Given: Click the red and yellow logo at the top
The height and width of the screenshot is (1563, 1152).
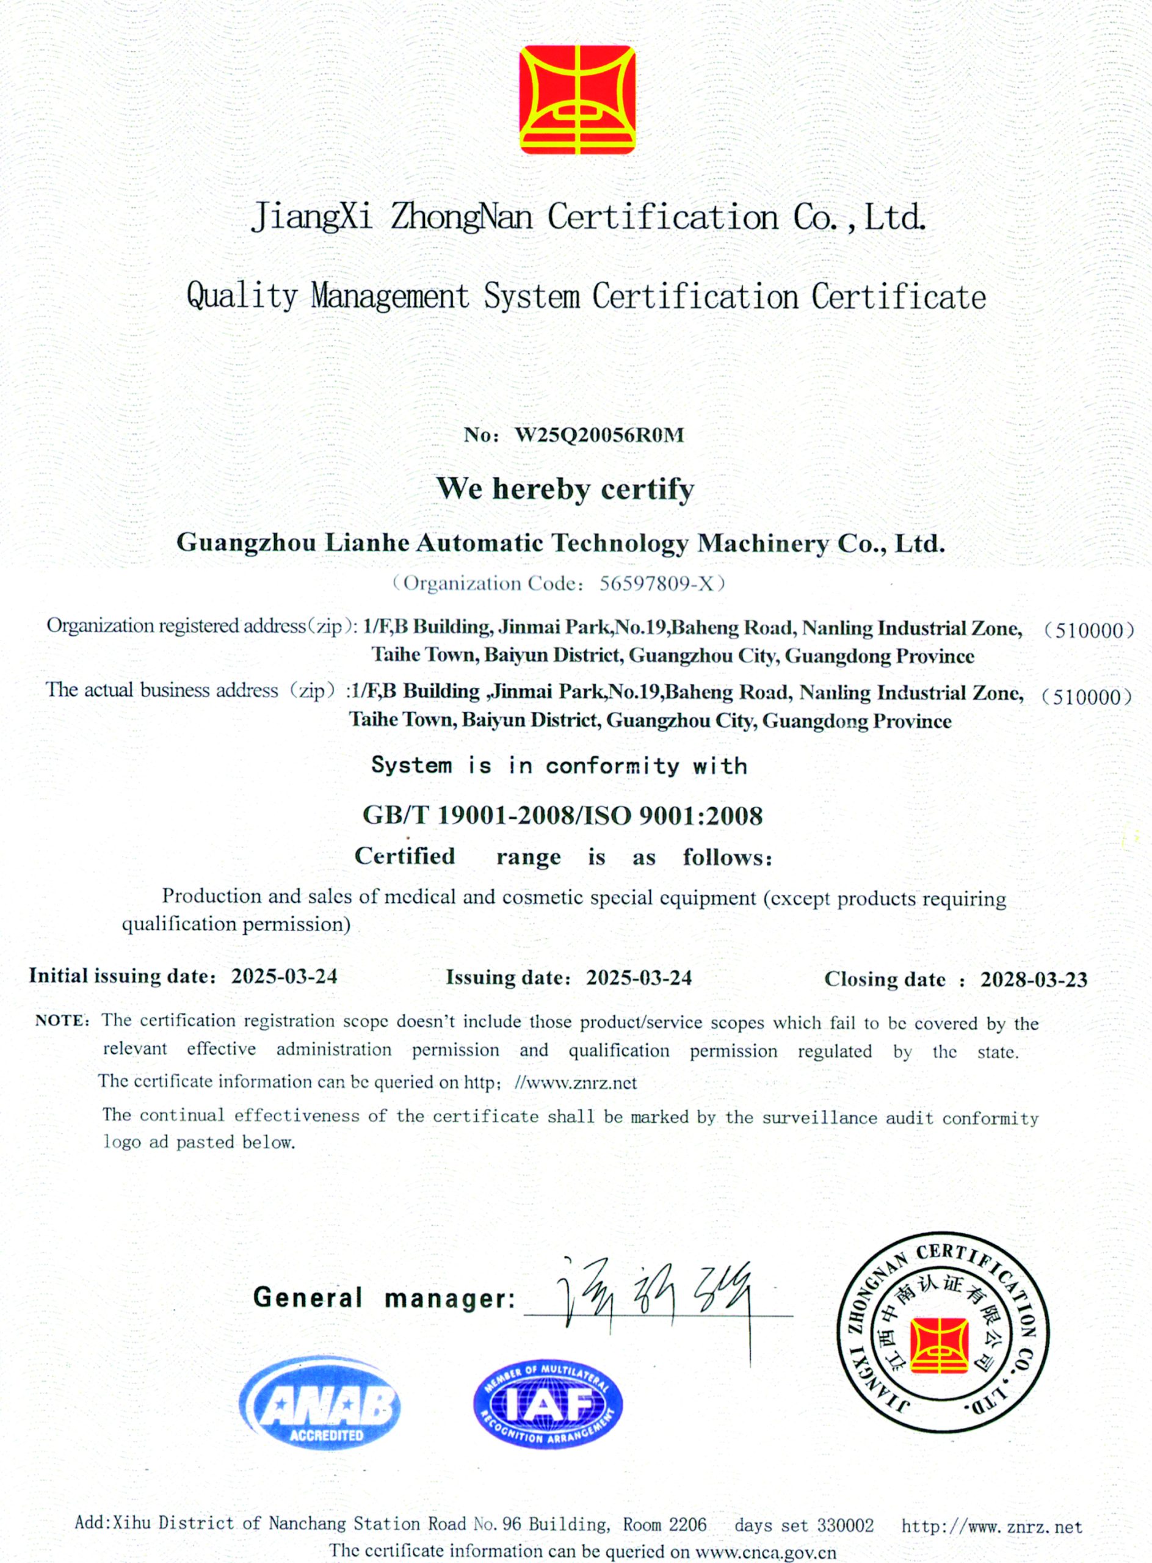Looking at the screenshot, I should coord(578,100).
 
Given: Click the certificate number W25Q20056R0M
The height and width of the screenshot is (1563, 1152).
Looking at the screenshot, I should coord(599,435).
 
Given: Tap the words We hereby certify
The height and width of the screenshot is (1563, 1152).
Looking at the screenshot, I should coord(565,489).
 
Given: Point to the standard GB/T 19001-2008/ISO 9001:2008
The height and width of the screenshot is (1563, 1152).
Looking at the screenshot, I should coord(562,815).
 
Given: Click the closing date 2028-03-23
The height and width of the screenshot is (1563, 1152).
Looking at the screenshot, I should coord(1034,980).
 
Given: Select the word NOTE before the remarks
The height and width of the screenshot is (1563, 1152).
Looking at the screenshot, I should coord(62,1021).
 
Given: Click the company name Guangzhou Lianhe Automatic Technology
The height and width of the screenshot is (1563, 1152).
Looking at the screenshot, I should coord(432,543).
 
